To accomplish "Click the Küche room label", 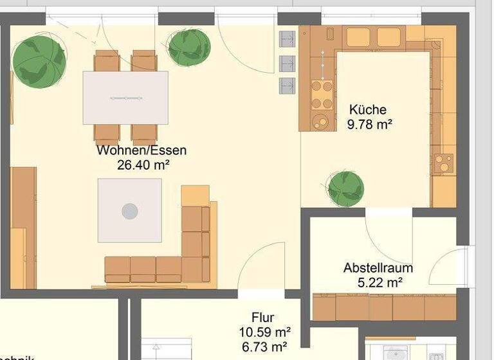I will point(367,109).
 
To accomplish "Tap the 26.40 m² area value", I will point(143,165).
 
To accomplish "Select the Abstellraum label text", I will point(378,267).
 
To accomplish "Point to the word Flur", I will point(263,318).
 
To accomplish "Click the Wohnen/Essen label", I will point(142,150).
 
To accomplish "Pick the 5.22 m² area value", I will point(380,282).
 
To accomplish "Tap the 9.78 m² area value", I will point(369,124).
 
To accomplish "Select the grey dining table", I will point(125,97).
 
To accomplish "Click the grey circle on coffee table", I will point(130,211).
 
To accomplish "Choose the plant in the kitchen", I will point(345,188).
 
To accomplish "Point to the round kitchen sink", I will point(319,120).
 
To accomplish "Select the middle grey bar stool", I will point(286,62).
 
